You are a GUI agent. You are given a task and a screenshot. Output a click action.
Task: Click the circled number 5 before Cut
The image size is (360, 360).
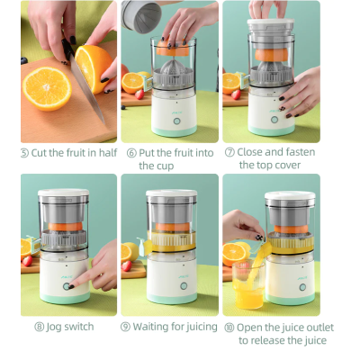coord(24,153)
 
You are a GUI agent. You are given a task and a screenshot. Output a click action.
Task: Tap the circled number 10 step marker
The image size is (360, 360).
coord(229,328)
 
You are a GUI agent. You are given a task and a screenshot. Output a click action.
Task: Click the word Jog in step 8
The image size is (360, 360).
coord(54,327)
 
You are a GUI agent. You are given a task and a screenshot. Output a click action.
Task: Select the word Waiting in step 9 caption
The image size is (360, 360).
coord(150,327)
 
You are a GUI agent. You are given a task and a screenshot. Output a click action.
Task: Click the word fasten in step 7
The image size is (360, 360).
coord(300,152)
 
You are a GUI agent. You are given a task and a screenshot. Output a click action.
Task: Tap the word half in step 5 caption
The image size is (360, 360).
coord(108,153)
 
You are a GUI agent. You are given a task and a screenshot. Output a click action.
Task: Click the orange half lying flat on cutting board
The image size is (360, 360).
coord(47,88)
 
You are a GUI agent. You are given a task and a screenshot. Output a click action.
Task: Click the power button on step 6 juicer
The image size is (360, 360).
coord(176,121)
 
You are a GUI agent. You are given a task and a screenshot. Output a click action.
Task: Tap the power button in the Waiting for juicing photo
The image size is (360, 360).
coord(184,286)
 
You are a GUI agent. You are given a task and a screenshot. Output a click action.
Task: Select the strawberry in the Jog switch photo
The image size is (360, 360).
coord(27,261)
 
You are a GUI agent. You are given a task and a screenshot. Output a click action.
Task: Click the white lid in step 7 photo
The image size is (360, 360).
coord(270,22)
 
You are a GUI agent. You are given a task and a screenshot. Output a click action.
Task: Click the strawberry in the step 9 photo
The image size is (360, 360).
coord(126,265)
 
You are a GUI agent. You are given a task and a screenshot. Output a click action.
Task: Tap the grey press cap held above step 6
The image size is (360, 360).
coord(141,15)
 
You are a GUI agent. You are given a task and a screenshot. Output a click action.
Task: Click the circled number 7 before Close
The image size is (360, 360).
coord(229,152)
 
